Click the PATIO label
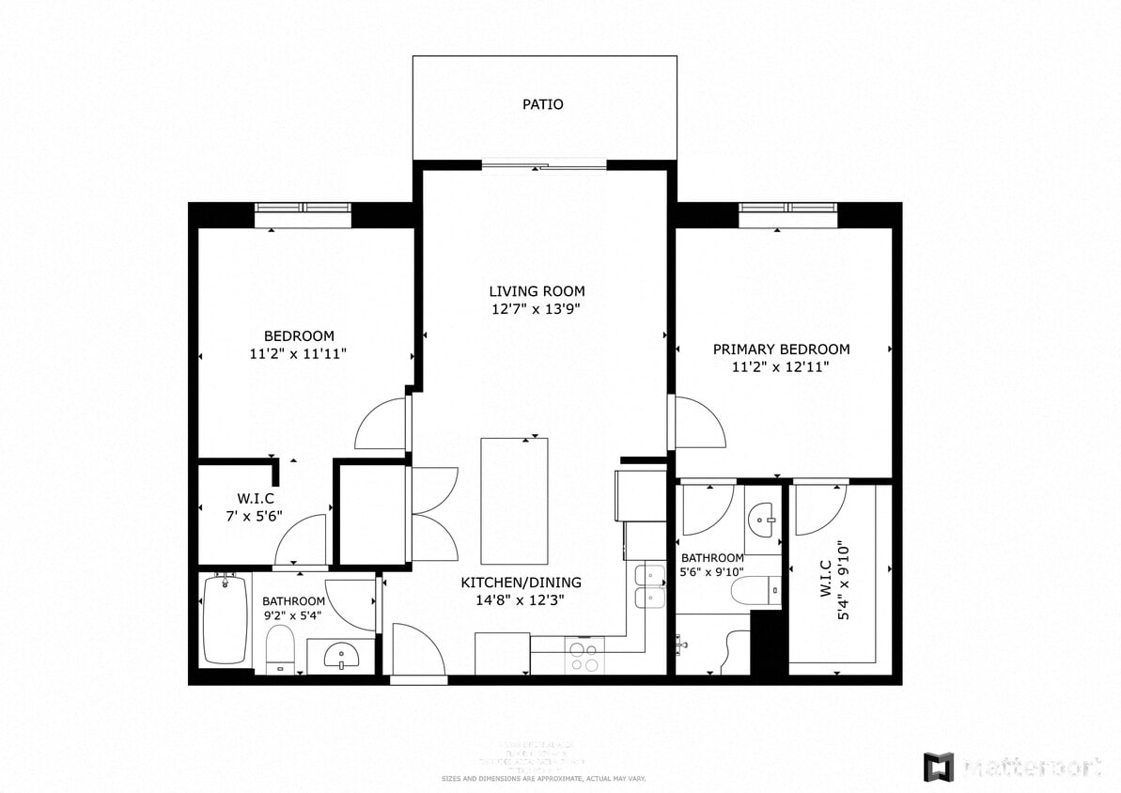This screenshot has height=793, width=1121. click(543, 104)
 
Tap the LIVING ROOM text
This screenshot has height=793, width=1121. click(537, 291)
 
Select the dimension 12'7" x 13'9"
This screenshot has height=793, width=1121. click(537, 309)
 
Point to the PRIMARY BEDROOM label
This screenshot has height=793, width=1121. click(781, 350)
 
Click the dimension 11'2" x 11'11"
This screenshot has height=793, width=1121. click(299, 354)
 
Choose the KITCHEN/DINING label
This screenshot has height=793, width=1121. click(521, 583)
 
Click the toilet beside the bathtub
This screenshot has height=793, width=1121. click(280, 649)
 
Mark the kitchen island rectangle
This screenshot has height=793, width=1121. click(514, 498)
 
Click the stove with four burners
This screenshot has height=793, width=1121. click(583, 654)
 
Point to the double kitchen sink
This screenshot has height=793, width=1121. click(649, 586)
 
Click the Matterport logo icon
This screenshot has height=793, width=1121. click(938, 766)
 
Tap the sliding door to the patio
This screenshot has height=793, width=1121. click(544, 167)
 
